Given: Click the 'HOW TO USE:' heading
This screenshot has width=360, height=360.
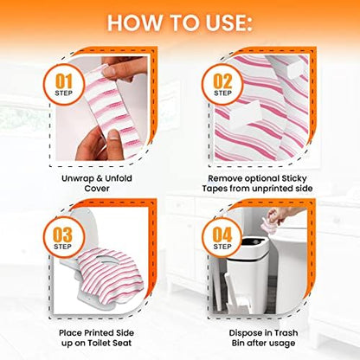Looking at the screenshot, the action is tap(180, 22).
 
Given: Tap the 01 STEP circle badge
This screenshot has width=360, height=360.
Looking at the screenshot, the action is tap(64, 85).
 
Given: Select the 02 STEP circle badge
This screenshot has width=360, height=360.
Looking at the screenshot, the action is tap(222, 85).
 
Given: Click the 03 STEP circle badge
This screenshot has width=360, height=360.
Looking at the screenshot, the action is tap(63, 237).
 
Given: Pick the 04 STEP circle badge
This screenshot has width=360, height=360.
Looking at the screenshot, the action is tap(222, 237).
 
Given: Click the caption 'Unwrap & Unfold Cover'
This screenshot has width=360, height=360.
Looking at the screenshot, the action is tap(97, 183).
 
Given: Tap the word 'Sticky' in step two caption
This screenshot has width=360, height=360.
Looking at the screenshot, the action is tap(292, 179).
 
